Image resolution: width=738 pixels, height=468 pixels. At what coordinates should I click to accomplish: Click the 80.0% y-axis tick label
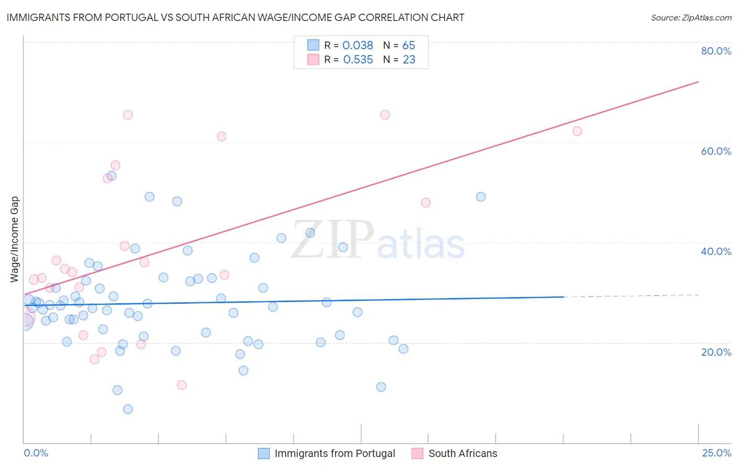[716, 51]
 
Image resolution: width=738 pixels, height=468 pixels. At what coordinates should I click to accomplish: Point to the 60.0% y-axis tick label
[716, 151]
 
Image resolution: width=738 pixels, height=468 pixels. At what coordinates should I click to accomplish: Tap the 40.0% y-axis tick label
[716, 251]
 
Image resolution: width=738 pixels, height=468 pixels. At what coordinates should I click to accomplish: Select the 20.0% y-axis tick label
[716, 352]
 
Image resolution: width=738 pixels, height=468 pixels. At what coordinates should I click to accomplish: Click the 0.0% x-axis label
[36, 453]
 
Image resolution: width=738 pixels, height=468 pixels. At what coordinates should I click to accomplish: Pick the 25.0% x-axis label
[716, 453]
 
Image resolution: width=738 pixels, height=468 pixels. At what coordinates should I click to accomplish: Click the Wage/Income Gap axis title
[15, 239]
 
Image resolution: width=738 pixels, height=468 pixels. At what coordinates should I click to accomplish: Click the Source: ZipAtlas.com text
[691, 17]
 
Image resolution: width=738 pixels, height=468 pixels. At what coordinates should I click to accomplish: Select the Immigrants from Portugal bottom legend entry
[334, 453]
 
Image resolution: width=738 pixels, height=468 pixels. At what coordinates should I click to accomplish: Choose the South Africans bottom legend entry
[462, 453]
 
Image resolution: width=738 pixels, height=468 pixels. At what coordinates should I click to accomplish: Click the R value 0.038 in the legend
[357, 46]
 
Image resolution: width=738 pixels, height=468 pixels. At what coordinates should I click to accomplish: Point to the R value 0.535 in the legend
[358, 60]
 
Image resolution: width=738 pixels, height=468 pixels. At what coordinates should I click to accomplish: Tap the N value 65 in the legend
[408, 46]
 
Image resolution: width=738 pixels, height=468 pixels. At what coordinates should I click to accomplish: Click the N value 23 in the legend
[409, 60]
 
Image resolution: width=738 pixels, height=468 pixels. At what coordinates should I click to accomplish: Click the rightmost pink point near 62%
[577, 131]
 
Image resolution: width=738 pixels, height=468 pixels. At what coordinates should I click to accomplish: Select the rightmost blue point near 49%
[481, 197]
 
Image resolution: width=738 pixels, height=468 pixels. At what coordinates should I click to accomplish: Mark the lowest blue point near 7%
[128, 409]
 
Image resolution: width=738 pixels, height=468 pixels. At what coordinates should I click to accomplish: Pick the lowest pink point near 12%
[182, 385]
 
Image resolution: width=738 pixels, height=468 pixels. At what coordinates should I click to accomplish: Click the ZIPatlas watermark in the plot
[378, 241]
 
